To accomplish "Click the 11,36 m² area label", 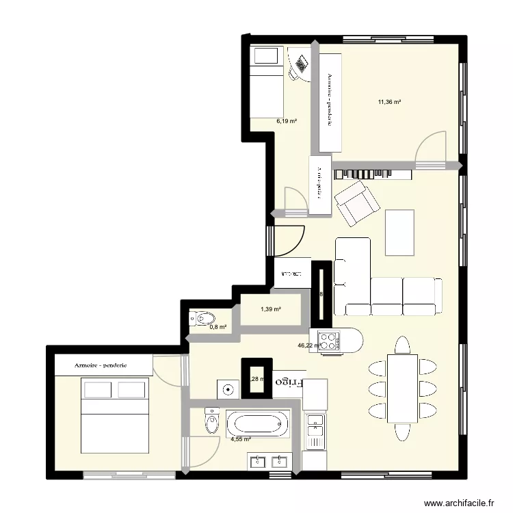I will (x=389, y=103).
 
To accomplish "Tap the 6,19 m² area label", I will (x=287, y=121).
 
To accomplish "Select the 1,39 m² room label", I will (x=271, y=310).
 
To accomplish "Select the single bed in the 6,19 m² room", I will (x=265, y=81).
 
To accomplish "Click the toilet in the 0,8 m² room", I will (x=203, y=318).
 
